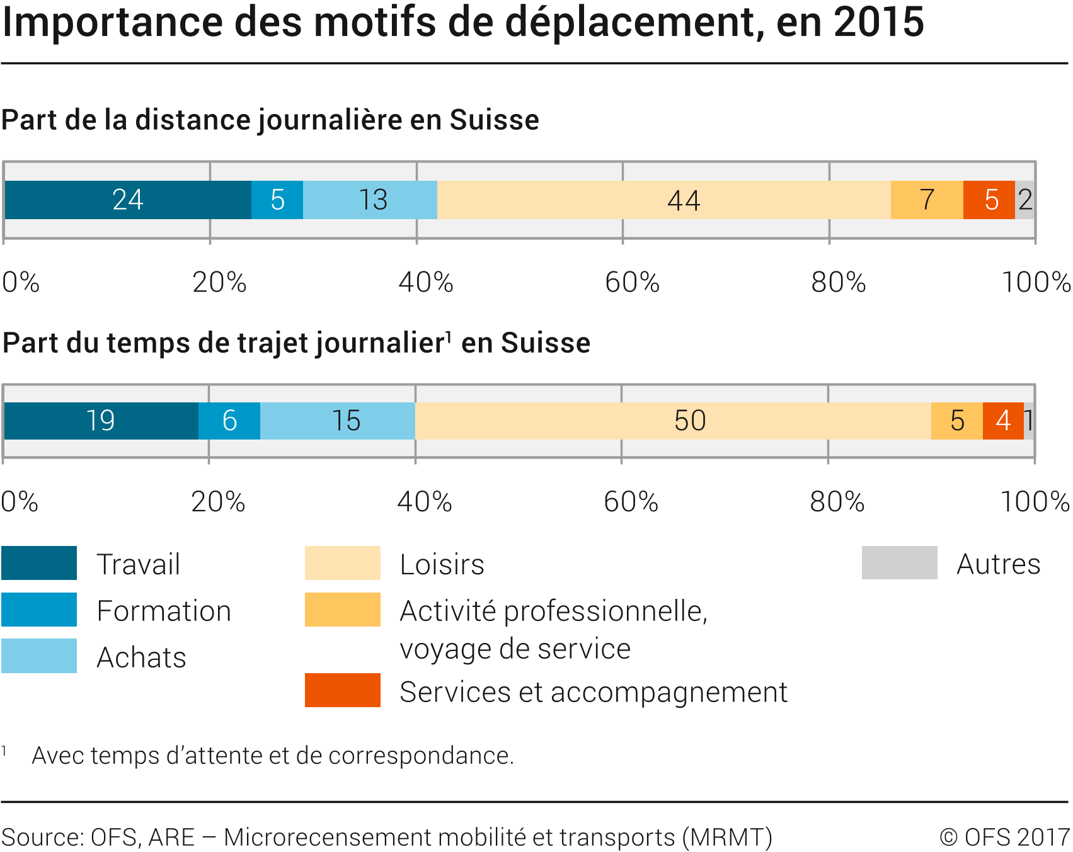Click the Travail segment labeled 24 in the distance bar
click(128, 200)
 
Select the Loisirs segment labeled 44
click(663, 200)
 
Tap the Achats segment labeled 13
click(370, 200)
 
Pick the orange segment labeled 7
click(927, 200)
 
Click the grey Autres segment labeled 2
click(1025, 200)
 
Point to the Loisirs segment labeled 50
click(673, 421)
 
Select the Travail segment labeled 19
click(101, 421)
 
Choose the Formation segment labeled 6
click(229, 421)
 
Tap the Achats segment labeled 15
click(338, 421)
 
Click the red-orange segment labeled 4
click(1003, 421)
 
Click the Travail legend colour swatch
click(39, 563)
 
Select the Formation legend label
click(164, 611)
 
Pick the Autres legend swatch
click(899, 562)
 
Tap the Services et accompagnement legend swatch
click(343, 690)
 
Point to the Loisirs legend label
click(442, 564)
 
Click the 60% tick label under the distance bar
click(632, 282)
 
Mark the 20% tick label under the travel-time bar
click(218, 502)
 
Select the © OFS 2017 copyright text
click(1005, 838)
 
